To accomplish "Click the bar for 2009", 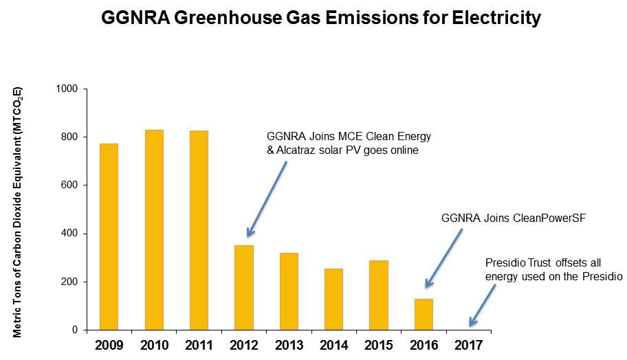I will tap(109, 236).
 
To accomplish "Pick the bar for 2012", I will tap(244, 287).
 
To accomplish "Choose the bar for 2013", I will tap(289, 291).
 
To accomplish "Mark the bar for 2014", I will tap(334, 299).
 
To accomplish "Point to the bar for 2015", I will tap(379, 295).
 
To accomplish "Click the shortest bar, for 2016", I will tap(423, 314).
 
